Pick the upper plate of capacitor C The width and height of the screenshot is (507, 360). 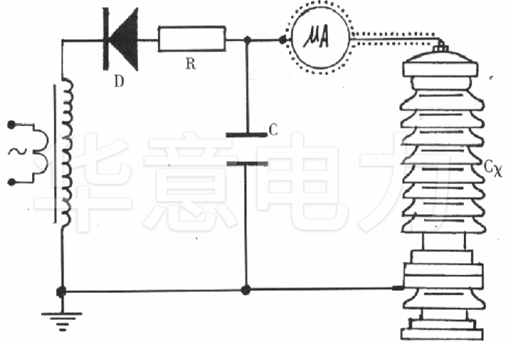click(247, 135)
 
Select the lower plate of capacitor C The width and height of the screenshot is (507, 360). click(247, 163)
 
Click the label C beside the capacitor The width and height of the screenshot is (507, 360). click(274, 130)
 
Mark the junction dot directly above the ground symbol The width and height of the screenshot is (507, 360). click(62, 290)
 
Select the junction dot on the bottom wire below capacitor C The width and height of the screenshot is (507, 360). click(247, 290)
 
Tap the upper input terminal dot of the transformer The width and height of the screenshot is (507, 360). click(12, 125)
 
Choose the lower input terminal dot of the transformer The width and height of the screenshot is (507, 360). click(12, 181)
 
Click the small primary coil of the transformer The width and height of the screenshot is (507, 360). click(40, 152)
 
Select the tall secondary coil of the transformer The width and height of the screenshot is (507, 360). click(67, 154)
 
